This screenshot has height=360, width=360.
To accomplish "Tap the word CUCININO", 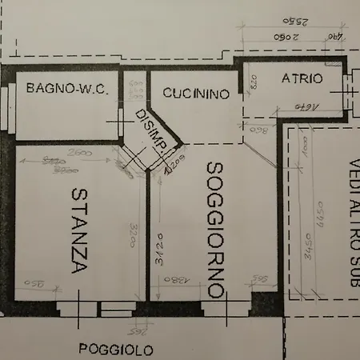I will tap(196, 94).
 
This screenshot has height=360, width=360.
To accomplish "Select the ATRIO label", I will tap(302, 78).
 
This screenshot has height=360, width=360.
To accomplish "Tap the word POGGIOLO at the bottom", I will tap(116, 349).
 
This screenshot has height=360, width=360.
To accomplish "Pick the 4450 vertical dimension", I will tap(320, 241).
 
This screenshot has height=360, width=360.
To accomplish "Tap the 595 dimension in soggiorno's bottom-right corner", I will tap(259, 278).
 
